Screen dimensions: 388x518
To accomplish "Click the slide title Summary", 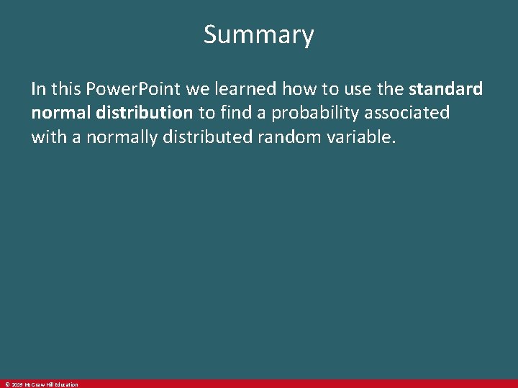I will pyautogui.click(x=258, y=34).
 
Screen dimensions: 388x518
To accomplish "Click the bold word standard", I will pyautogui.click(x=445, y=89).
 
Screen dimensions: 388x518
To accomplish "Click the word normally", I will pyautogui.click(x=124, y=137).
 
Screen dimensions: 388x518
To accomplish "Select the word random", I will pyautogui.click(x=304, y=137).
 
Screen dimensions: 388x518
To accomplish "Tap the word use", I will pyautogui.click(x=365, y=89).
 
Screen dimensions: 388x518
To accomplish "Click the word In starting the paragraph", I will pyautogui.click(x=38, y=89).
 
